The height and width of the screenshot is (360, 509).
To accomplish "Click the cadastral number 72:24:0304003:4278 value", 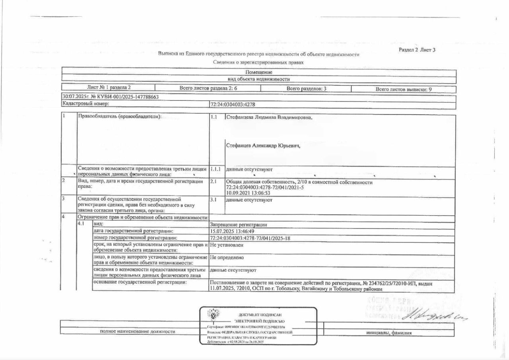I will tap(232, 104).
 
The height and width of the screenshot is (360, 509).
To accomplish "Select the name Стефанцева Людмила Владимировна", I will tap(269, 118).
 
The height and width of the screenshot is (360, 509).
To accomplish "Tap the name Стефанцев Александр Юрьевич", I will tap(263, 146).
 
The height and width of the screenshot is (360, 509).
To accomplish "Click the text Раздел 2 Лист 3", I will tap(417, 50).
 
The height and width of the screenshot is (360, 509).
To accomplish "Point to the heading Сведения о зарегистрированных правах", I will tap(258, 62).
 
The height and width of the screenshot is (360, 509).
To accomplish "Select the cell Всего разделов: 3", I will tap(306, 89).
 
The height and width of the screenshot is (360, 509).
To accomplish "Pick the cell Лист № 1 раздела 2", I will tap(109, 87).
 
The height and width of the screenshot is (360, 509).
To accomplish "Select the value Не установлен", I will tap(226, 245).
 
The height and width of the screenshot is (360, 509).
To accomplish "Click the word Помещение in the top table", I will tap(258, 72).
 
